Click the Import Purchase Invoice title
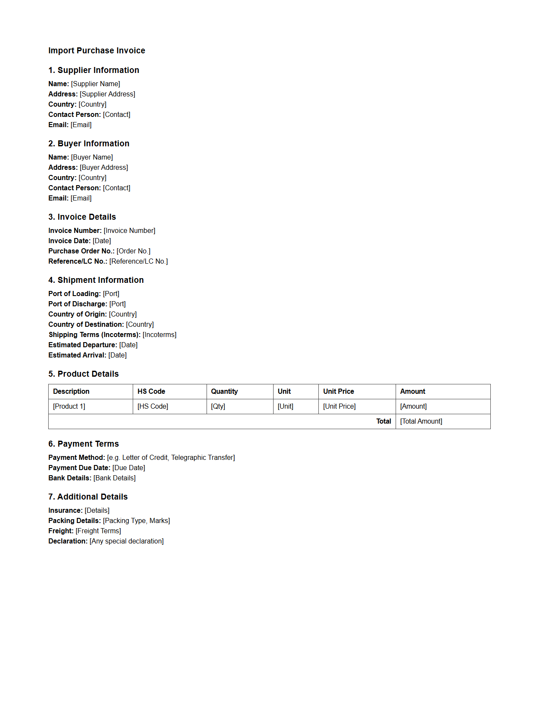(x=96, y=50)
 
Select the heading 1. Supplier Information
(x=93, y=70)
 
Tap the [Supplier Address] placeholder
(x=108, y=94)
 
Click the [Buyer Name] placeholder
(x=92, y=157)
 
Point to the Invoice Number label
(x=75, y=230)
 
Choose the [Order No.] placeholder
(x=133, y=251)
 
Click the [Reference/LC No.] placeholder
(x=138, y=261)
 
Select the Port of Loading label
(x=74, y=293)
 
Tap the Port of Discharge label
(x=78, y=304)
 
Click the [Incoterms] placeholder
(x=159, y=334)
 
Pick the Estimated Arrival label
(x=77, y=355)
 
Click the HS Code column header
(x=151, y=391)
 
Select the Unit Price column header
(x=338, y=391)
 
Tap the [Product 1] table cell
(x=69, y=406)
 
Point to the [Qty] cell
(x=218, y=406)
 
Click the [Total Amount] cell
(x=421, y=421)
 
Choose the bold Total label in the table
(x=383, y=421)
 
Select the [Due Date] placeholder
(x=128, y=468)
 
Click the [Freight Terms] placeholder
(x=98, y=531)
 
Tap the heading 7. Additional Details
(x=88, y=497)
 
